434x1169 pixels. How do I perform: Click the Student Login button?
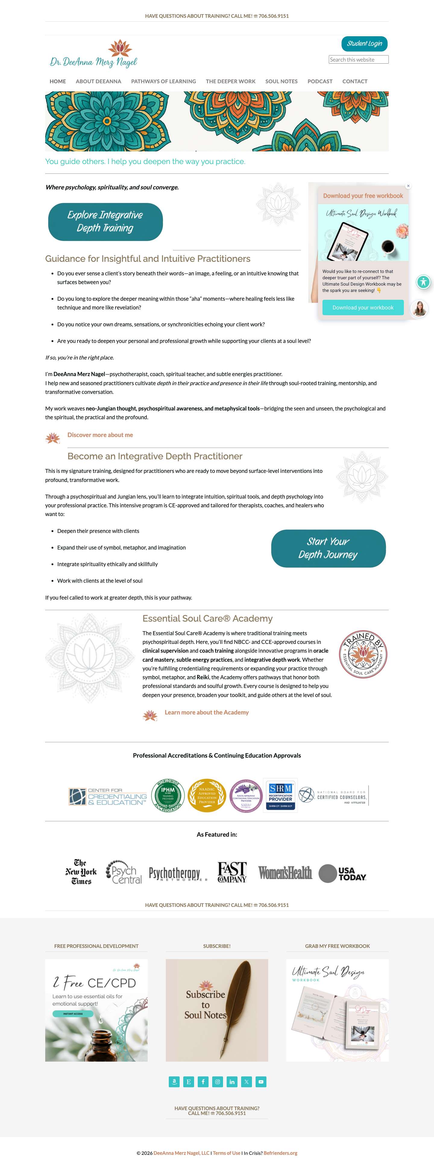[x=364, y=43]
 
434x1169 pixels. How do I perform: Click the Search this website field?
[x=358, y=59]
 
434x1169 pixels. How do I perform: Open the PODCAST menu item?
[x=320, y=81]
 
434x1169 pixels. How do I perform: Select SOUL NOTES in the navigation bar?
[x=281, y=81]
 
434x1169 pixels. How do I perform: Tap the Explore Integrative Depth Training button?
[x=105, y=221]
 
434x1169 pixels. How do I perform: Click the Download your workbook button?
[x=363, y=307]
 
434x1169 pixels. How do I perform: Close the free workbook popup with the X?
[x=408, y=185]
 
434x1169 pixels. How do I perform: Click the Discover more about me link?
[x=100, y=435]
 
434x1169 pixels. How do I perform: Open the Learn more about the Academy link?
[x=206, y=712]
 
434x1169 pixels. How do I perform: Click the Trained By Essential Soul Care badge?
[x=363, y=654]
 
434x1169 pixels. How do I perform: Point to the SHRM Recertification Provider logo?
[x=280, y=796]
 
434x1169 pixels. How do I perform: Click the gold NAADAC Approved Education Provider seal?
[x=207, y=796]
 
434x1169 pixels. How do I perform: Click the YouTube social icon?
[x=261, y=1082]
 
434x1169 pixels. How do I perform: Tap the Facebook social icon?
[x=203, y=1082]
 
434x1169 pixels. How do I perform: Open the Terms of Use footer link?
[x=226, y=1153]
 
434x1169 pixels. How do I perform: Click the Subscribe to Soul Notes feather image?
[x=217, y=1010]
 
